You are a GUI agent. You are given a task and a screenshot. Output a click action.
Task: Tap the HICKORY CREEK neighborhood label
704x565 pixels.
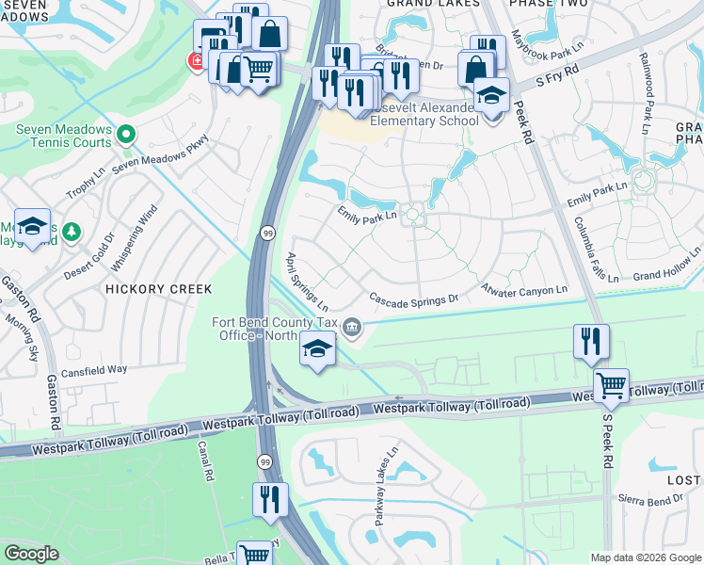159,289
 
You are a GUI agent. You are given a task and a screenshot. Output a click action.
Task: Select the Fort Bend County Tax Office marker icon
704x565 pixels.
353,328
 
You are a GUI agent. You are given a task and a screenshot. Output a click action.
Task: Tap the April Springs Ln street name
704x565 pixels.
307,282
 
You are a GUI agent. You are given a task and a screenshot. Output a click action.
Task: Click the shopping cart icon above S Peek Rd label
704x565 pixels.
612,385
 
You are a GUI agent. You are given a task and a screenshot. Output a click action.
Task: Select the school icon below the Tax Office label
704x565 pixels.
317,351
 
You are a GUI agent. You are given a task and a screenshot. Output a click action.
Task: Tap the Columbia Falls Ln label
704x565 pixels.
596,250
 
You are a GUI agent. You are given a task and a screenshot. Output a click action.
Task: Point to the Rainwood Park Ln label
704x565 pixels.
648,99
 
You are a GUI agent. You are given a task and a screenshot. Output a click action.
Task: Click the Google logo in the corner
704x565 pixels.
31,554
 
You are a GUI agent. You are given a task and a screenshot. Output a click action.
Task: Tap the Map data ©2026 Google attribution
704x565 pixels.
645,557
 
